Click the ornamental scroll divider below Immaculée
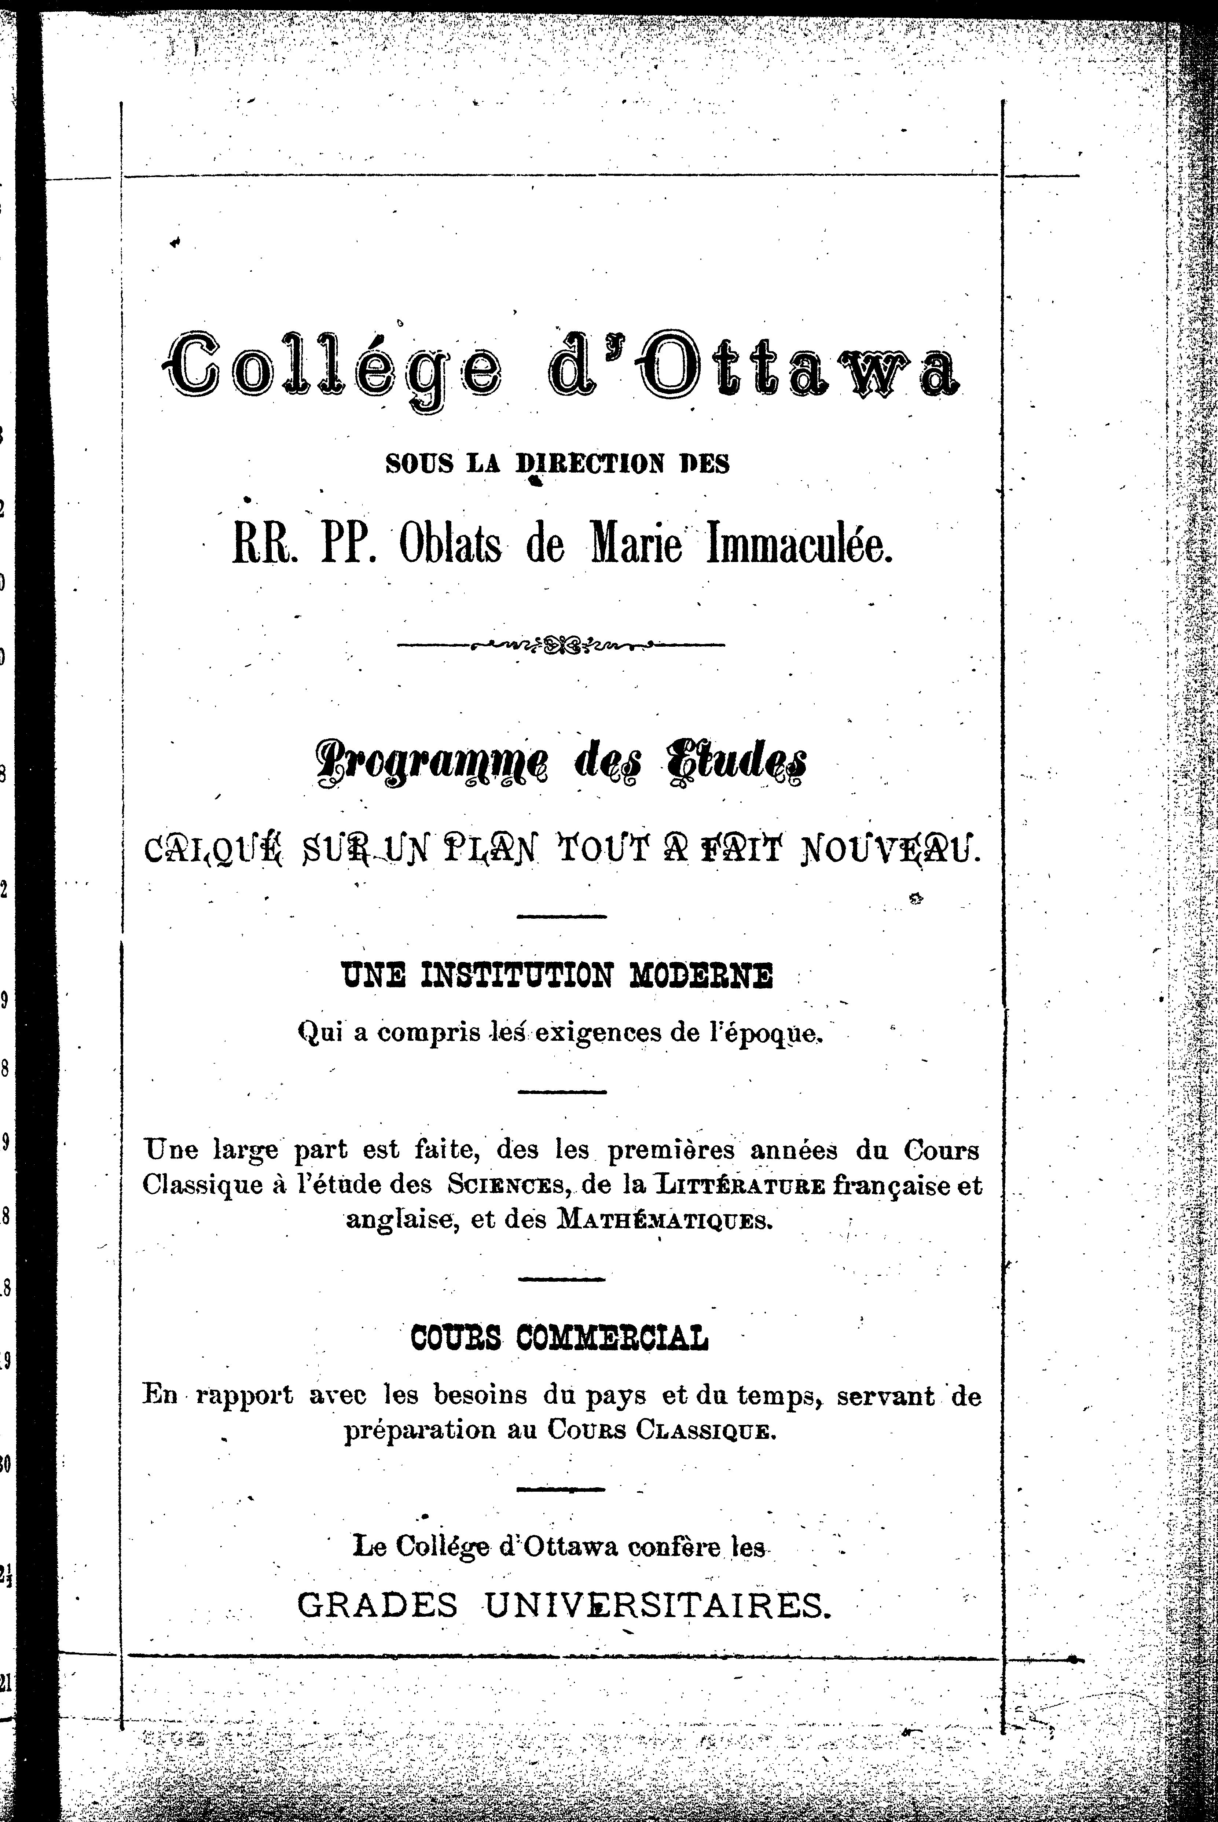(560, 644)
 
